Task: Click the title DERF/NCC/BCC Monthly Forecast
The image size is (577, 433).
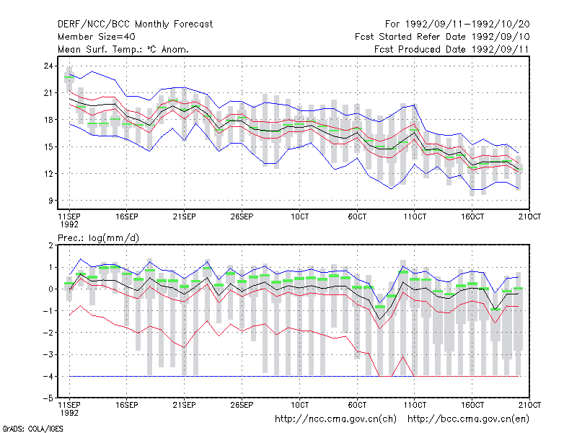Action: coord(135,25)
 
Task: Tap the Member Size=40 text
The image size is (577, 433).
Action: coord(97,37)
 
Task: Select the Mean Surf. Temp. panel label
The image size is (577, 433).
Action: coord(123,49)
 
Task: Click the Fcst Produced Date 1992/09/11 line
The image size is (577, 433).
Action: coord(452,49)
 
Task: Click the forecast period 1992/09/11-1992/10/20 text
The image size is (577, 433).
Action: coord(457,25)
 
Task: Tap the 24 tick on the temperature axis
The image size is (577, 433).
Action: coord(48,66)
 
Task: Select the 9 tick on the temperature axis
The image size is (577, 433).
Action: coord(50,201)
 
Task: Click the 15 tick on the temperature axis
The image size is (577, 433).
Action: coord(48,147)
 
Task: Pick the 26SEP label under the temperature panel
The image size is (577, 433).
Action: coord(242,216)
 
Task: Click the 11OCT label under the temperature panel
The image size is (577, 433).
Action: coord(415,216)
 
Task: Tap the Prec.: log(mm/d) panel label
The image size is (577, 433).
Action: coord(98,238)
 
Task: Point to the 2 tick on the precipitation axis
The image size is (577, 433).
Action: coord(50,245)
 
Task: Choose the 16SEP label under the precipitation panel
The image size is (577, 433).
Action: coord(127,405)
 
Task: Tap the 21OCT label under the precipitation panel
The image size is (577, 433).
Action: coord(529,405)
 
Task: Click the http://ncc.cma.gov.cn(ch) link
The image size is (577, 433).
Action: coord(335,419)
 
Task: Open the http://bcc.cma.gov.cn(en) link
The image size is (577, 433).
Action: coord(468,419)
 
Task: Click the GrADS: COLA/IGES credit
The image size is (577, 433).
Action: coord(32,429)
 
